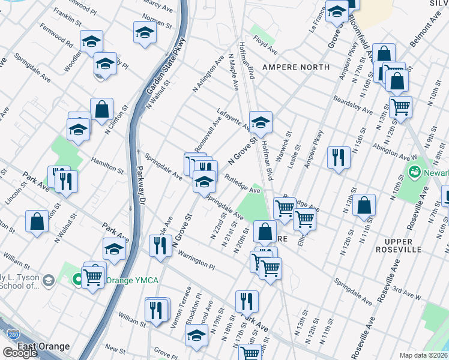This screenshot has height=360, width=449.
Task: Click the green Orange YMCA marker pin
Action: click(x=77, y=280)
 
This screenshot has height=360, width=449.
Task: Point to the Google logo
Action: click(x=20, y=353)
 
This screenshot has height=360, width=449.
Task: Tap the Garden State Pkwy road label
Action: click(x=157, y=67)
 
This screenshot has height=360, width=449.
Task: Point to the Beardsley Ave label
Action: click(x=355, y=106)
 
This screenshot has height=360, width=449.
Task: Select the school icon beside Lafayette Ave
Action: click(x=261, y=122)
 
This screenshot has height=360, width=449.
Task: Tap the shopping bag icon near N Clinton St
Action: click(x=102, y=110)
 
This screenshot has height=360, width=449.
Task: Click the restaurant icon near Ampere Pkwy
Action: click(x=339, y=158)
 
